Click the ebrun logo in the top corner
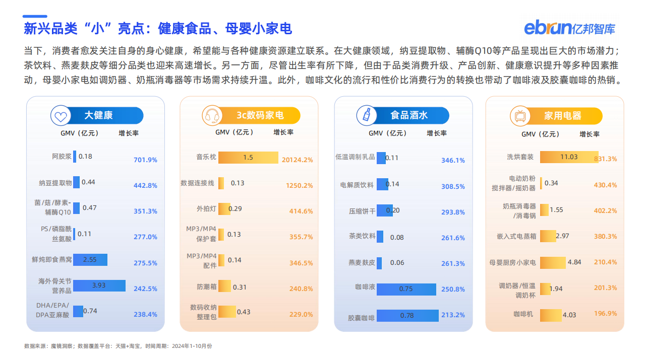(569, 28)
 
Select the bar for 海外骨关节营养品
(99, 285)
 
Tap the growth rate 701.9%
(145, 160)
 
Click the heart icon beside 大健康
(61, 116)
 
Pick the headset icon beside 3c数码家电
(212, 116)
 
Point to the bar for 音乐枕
(248, 158)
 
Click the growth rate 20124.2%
(297, 160)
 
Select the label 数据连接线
(197, 183)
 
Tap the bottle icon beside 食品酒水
(366, 115)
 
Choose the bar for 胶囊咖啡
(406, 316)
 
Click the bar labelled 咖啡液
(406, 289)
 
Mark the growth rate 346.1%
(453, 160)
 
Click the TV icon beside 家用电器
(519, 116)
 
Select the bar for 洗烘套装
(569, 157)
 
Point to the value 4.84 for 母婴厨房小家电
(574, 262)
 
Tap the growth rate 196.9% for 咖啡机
(605, 313)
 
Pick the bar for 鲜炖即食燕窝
(90, 260)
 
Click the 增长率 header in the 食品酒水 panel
(437, 133)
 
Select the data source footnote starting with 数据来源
(118, 346)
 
